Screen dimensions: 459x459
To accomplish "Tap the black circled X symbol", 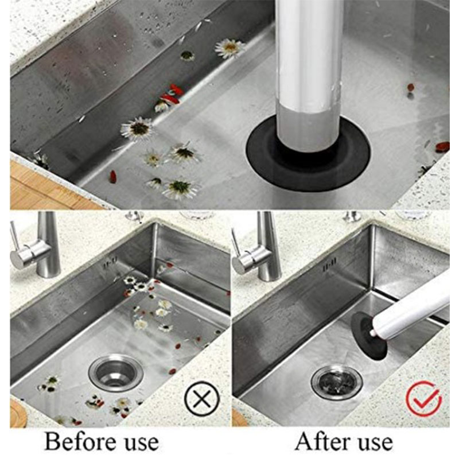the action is click(x=202, y=399).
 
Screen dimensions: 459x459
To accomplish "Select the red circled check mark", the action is click(x=423, y=398).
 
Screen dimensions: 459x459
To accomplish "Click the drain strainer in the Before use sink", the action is click(x=116, y=372).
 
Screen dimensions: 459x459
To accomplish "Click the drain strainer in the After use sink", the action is click(x=337, y=382).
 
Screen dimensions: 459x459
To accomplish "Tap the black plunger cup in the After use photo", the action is click(x=368, y=334).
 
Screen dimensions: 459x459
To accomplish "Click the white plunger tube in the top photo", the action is click(x=309, y=73).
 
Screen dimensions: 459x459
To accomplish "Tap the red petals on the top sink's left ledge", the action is click(x=171, y=94).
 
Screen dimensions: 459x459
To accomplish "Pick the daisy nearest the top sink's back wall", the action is click(x=230, y=48).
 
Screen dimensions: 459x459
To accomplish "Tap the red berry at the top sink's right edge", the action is click(x=442, y=146).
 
